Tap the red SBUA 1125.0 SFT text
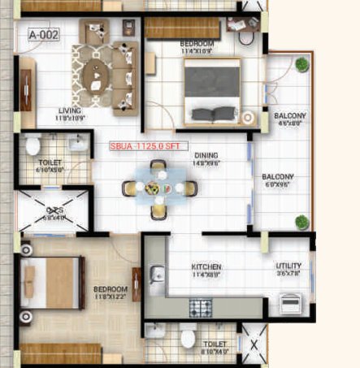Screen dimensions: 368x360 pos(148,148)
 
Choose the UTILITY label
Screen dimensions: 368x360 pos(288,266)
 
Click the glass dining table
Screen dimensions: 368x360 pos(159,188)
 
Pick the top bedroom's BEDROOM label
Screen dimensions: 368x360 pos(196,43)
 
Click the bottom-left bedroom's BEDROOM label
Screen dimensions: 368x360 pos(110,289)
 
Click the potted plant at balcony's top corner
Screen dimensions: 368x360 pos(302,64)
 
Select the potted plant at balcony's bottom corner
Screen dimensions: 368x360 pos(301,221)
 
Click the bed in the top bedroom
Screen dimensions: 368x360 pos(211,89)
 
